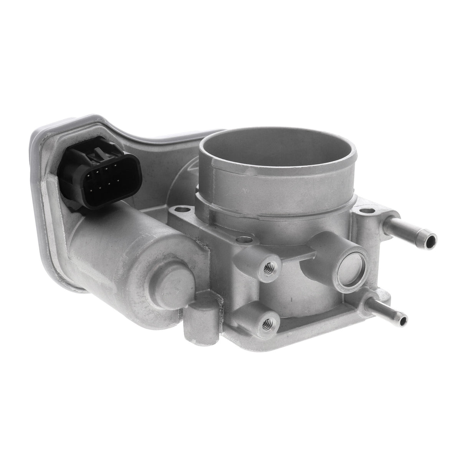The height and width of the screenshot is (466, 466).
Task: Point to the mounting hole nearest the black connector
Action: tap(183, 210)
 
